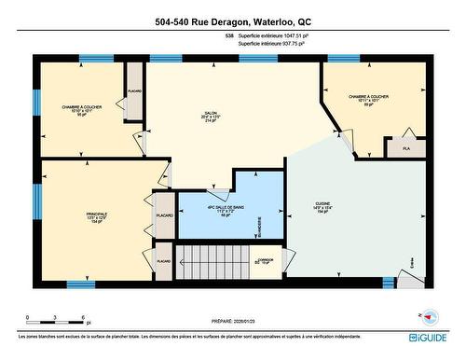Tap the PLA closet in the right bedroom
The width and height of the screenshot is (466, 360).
405,148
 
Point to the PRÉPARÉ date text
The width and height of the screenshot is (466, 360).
232,315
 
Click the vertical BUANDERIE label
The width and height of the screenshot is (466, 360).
259,223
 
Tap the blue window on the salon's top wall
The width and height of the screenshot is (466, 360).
166,58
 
